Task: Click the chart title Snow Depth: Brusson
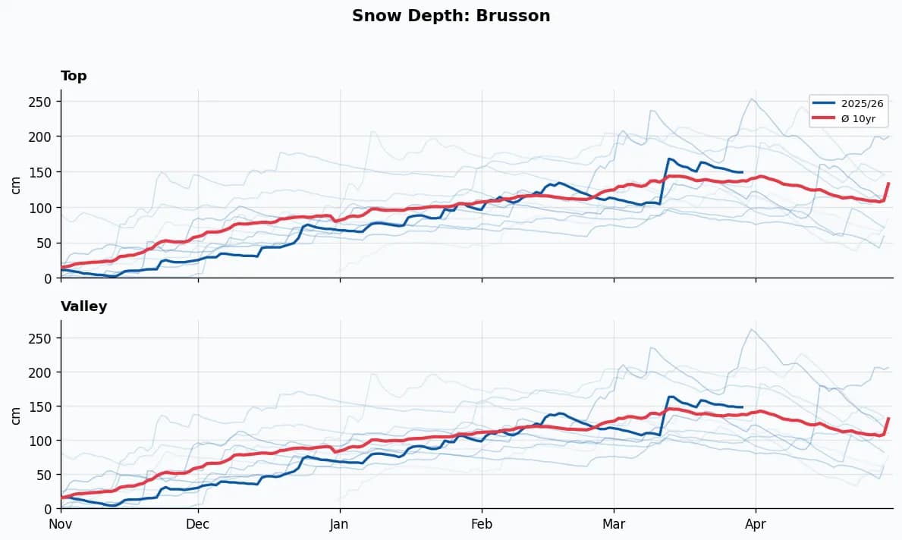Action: pyautogui.click(x=451, y=16)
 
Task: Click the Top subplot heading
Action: pyautogui.click(x=74, y=76)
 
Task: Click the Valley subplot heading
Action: pyautogui.click(x=83, y=306)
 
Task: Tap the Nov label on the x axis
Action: pyautogui.click(x=61, y=524)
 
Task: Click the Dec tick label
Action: pyautogui.click(x=198, y=524)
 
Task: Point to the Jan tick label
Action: pyautogui.click(x=339, y=524)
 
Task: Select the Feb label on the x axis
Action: pyautogui.click(x=482, y=524)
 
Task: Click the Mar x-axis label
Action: pyautogui.click(x=614, y=524)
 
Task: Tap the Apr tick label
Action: pyautogui.click(x=756, y=524)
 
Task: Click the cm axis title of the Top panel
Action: pyautogui.click(x=16, y=184)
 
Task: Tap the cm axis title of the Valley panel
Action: pyautogui.click(x=16, y=415)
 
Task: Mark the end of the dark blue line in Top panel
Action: pyautogui.click(x=742, y=172)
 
